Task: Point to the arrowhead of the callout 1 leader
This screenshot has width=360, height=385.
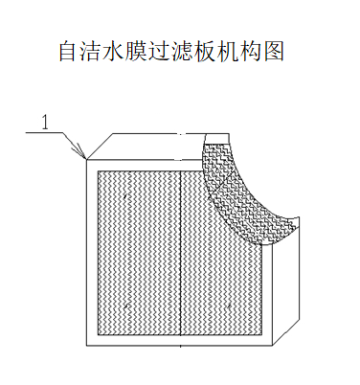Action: [84, 156]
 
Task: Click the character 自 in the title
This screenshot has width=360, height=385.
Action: [70, 52]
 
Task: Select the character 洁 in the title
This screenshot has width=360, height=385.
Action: [94, 52]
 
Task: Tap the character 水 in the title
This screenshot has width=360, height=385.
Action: [118, 52]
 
